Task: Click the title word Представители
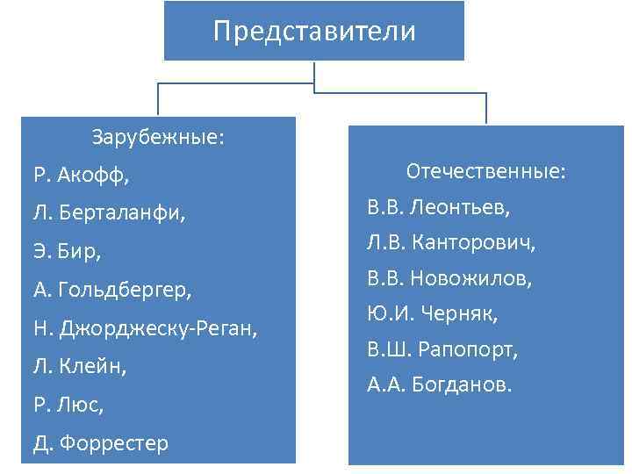coord(314,32)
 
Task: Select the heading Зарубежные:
coord(158,138)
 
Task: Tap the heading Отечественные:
coord(485,171)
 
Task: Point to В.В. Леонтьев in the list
coord(439,208)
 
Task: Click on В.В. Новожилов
coord(449,279)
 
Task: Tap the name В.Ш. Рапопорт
coord(442,349)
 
